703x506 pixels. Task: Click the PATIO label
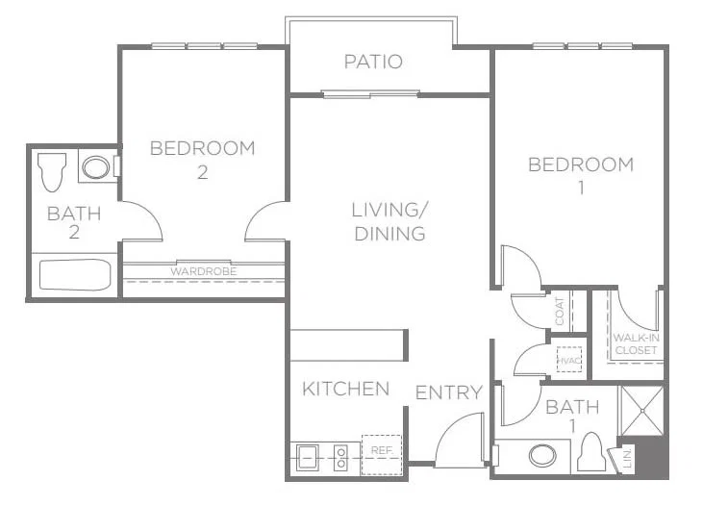[x=373, y=62]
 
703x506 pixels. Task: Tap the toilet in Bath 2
[x=52, y=172]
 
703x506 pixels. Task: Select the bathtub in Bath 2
[x=75, y=274]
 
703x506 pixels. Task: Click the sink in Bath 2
[x=96, y=167]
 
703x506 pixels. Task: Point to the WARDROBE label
[x=204, y=271]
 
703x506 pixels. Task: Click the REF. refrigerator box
[x=382, y=455]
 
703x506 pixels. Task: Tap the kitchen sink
[x=308, y=458]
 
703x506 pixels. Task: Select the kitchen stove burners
[x=341, y=458]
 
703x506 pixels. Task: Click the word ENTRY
[x=448, y=392]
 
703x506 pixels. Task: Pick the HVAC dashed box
[x=569, y=360]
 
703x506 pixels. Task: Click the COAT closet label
[x=560, y=312]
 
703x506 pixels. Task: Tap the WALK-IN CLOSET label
[x=637, y=343]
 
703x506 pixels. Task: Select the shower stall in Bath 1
[x=641, y=411]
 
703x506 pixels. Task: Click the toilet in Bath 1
[x=591, y=452]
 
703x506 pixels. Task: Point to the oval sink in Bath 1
[x=542, y=456]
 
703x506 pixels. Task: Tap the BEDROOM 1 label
[x=581, y=175]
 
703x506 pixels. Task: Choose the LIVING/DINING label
[x=389, y=222]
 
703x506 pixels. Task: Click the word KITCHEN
[x=345, y=389]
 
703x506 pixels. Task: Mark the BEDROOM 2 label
[x=203, y=160]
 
